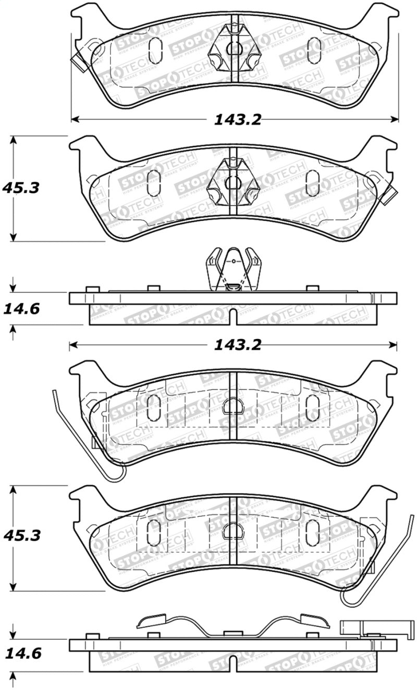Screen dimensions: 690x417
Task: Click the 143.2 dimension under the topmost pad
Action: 237,119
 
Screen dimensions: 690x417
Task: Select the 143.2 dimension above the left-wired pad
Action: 237,344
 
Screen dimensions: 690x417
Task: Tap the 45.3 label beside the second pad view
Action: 21,187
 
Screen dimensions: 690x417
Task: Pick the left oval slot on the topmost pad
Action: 155,51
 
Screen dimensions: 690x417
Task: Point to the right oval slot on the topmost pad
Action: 314,51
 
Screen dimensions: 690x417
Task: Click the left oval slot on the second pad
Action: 154,183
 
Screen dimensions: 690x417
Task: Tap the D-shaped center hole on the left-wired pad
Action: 233,406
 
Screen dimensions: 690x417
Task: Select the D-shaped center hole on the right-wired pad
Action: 233,531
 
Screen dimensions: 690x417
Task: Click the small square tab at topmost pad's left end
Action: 79,64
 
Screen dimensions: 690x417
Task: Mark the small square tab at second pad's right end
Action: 389,195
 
